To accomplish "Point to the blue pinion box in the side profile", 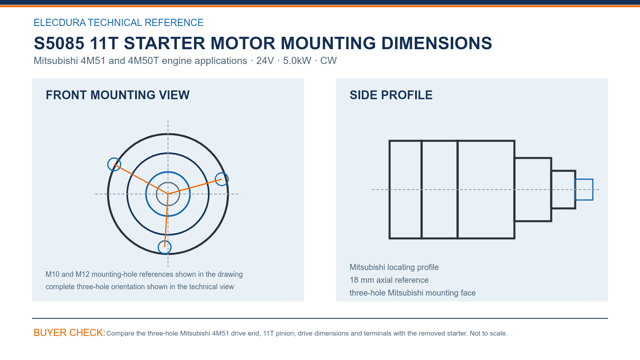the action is pyautogui.click(x=584, y=180).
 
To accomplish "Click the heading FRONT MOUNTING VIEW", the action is pyautogui.click(x=118, y=95).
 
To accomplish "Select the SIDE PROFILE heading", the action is pyautogui.click(x=391, y=95).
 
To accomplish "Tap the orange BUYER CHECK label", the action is pyautogui.click(x=70, y=332).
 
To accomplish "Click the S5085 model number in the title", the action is pyautogui.click(x=59, y=43).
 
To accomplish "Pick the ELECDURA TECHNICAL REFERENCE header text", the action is pyautogui.click(x=118, y=22).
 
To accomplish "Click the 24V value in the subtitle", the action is pyautogui.click(x=265, y=60).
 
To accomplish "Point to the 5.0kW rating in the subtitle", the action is pyautogui.click(x=297, y=60).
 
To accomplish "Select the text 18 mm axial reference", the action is pyautogui.click(x=389, y=280).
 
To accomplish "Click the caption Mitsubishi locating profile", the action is pyautogui.click(x=394, y=267).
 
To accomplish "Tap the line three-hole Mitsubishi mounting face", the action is pyautogui.click(x=412, y=293).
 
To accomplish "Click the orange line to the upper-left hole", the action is pyautogui.click(x=141, y=179).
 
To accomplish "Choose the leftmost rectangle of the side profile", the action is pyautogui.click(x=405, y=190).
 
